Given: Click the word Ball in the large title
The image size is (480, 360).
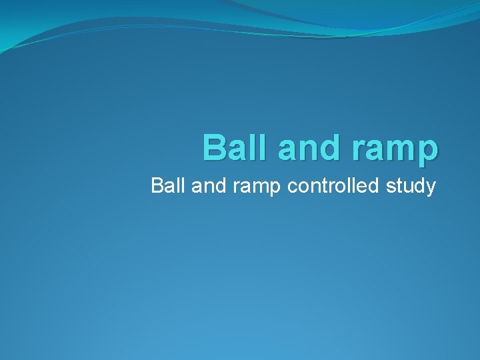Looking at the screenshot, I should click(236, 147).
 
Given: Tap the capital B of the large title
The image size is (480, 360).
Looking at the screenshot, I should click(215, 147).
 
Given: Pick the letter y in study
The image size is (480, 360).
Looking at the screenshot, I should click(431, 188).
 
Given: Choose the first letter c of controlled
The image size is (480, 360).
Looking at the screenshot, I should click(292, 187).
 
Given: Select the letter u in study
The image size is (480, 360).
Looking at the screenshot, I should click(407, 187).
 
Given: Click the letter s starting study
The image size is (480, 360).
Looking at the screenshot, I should click(391, 187).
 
